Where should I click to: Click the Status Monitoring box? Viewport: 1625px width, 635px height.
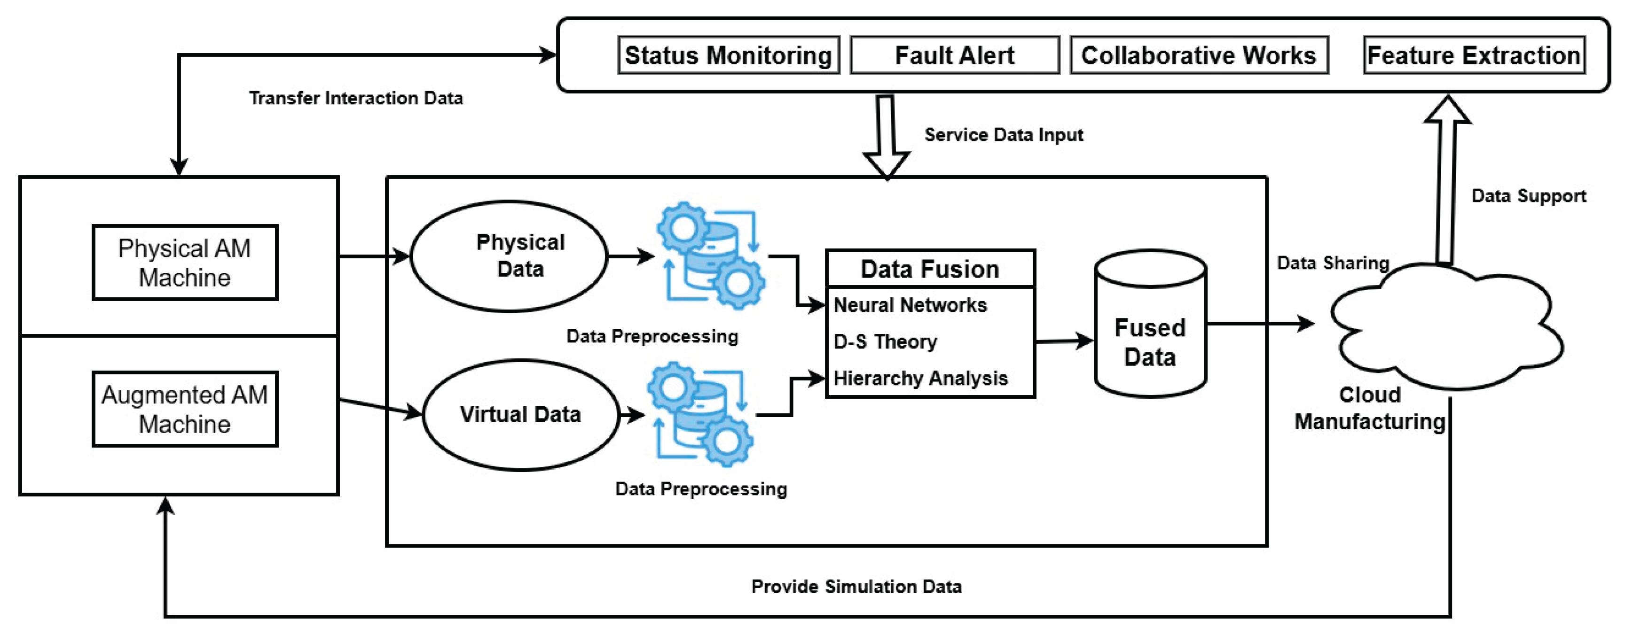[x=728, y=55]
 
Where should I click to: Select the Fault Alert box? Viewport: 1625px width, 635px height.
[x=954, y=55]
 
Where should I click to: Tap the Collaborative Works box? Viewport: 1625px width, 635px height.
[x=1199, y=55]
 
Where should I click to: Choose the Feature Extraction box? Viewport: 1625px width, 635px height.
[x=1474, y=55]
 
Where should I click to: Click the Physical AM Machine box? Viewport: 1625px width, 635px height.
[x=184, y=263]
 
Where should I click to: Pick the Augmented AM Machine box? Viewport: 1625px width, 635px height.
[x=184, y=409]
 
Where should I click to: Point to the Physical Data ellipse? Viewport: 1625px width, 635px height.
[x=509, y=256]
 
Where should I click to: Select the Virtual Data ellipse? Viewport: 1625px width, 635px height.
[x=520, y=415]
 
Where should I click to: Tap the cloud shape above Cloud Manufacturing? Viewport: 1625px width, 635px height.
[x=1448, y=328]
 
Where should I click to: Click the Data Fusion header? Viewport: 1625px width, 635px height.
[x=930, y=269]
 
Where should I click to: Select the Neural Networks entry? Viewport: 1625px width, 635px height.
[x=910, y=305]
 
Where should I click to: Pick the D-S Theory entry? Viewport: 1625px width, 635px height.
[x=885, y=342]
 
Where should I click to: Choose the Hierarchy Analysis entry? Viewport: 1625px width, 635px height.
[x=920, y=379]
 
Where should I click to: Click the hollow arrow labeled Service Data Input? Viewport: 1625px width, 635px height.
[x=887, y=136]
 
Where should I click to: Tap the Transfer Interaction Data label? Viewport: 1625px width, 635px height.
[x=356, y=98]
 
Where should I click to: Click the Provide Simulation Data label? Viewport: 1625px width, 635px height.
[x=856, y=587]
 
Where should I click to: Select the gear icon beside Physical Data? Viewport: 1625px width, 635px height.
[x=711, y=256]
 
